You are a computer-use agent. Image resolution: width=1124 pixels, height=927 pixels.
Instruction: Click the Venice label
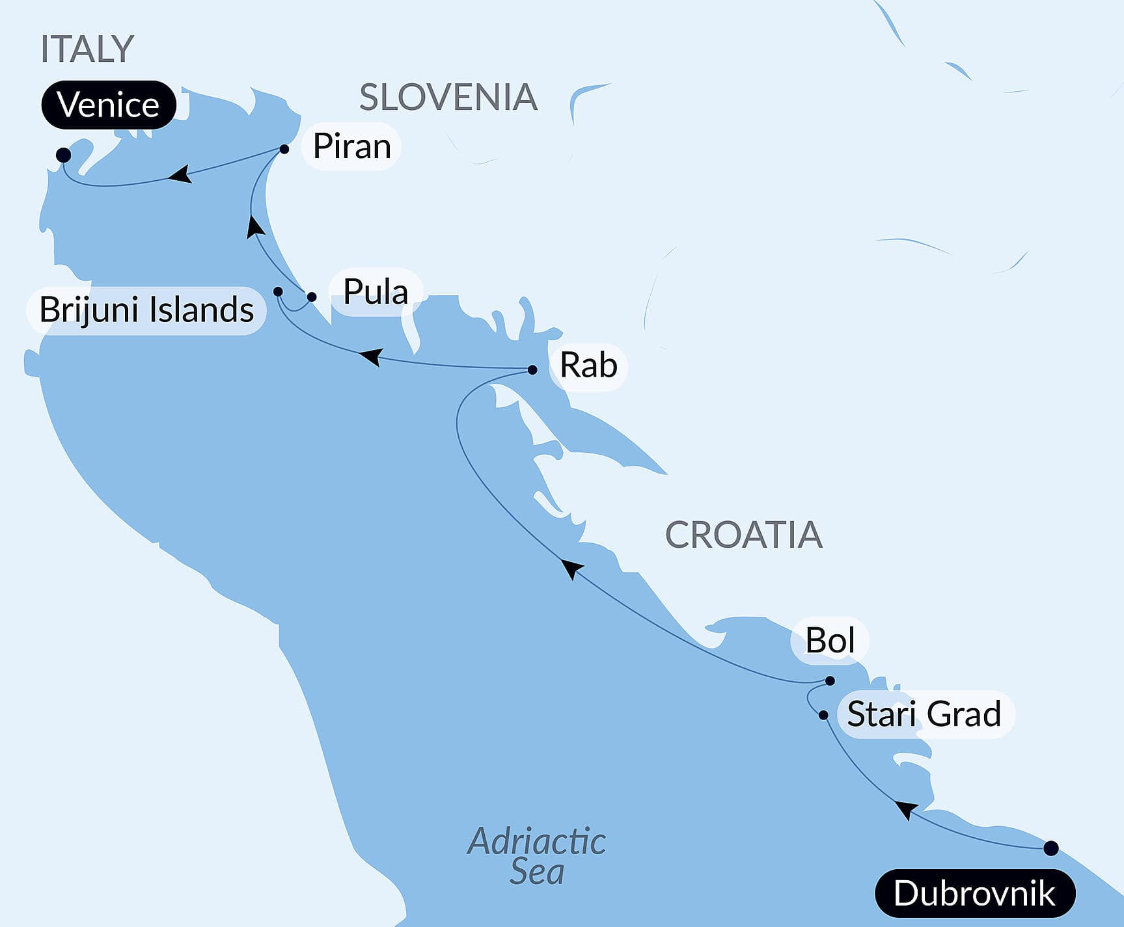pyautogui.click(x=108, y=105)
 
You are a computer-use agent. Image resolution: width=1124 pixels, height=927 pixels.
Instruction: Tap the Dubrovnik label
pyautogui.click(x=974, y=893)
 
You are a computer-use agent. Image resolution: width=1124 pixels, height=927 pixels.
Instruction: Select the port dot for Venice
pyautogui.click(x=63, y=155)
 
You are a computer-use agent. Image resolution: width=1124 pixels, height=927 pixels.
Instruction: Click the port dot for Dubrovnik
pyautogui.click(x=1050, y=848)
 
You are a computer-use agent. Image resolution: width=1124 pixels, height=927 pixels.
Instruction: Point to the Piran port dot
pyautogui.click(x=284, y=149)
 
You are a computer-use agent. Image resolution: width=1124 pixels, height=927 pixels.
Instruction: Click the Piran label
pyautogui.click(x=351, y=146)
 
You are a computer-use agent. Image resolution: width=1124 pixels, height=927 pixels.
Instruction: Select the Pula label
pyautogui.click(x=376, y=291)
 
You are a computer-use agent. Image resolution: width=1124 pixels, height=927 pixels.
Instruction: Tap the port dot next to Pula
pyautogui.click(x=312, y=297)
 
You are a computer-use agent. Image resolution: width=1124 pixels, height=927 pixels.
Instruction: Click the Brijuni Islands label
pyautogui.click(x=146, y=310)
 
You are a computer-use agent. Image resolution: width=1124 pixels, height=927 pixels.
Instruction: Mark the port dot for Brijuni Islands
pyautogui.click(x=278, y=291)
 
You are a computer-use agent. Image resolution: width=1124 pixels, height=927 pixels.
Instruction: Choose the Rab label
pyautogui.click(x=588, y=365)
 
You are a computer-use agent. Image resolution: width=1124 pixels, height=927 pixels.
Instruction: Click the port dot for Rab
pyautogui.click(x=532, y=369)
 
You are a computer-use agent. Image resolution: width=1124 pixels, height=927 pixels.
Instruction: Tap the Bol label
pyautogui.click(x=830, y=641)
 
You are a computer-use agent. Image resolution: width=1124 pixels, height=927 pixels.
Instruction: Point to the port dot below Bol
pyautogui.click(x=830, y=681)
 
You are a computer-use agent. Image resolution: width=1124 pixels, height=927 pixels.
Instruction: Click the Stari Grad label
pyautogui.click(x=924, y=714)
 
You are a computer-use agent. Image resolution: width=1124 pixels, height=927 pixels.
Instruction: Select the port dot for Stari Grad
pyautogui.click(x=823, y=715)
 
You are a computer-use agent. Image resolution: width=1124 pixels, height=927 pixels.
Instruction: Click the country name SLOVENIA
pyautogui.click(x=448, y=98)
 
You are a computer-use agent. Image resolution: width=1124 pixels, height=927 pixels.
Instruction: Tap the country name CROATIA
pyautogui.click(x=743, y=535)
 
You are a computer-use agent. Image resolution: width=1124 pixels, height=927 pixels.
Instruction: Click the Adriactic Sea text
pyautogui.click(x=537, y=856)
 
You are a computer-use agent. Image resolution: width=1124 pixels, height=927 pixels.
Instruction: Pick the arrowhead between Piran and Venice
pyautogui.click(x=179, y=174)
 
